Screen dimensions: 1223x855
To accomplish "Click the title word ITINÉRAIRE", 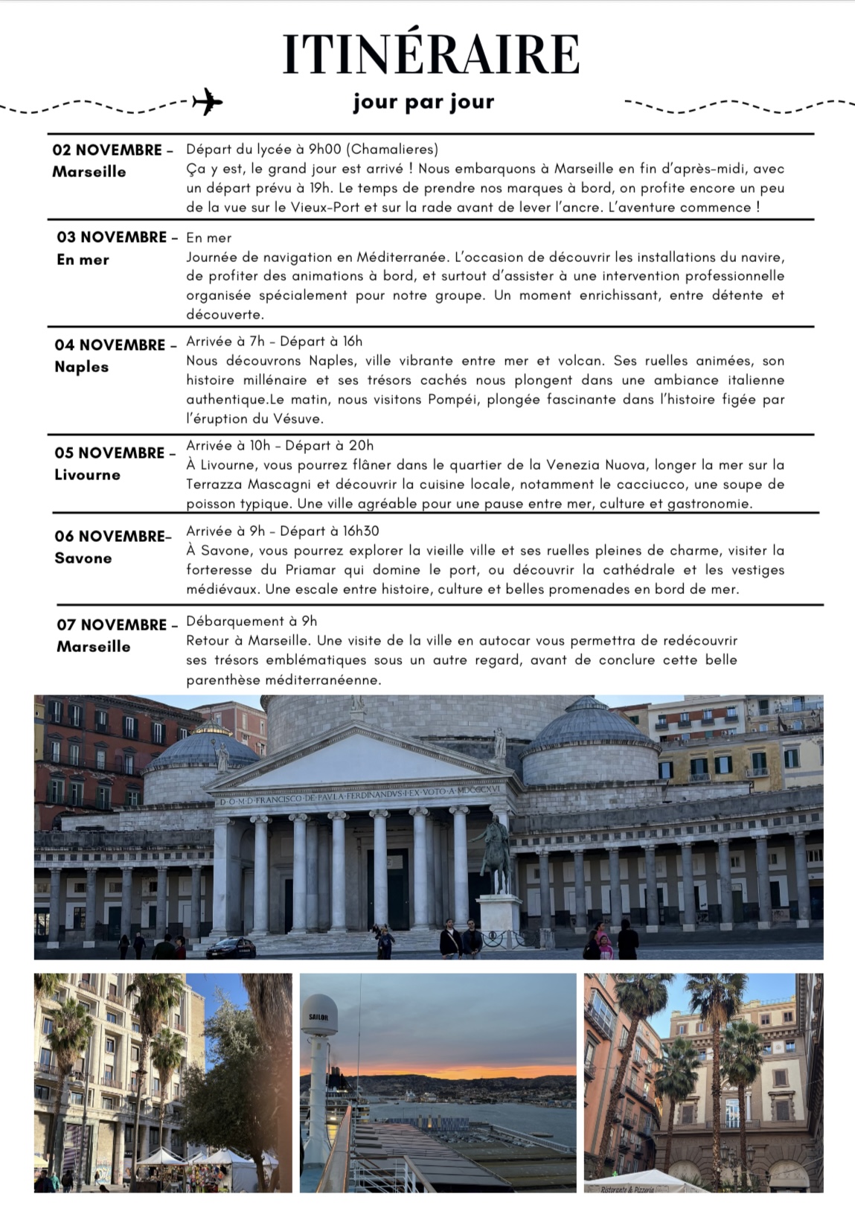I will (x=430, y=54).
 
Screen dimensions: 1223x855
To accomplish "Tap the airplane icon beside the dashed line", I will (x=206, y=101).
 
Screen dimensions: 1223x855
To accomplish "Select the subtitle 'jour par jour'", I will (x=423, y=102).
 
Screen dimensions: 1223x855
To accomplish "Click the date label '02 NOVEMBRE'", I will (x=107, y=150).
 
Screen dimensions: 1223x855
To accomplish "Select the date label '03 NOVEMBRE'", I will (x=112, y=237).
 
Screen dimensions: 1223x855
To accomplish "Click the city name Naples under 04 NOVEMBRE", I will (x=81, y=367).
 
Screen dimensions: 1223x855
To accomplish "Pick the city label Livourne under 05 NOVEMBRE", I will (x=87, y=475).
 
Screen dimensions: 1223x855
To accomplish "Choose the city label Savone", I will (x=83, y=558).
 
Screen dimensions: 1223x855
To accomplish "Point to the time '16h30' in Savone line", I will (x=361, y=531).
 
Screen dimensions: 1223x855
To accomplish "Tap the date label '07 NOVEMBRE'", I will (x=112, y=625).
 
